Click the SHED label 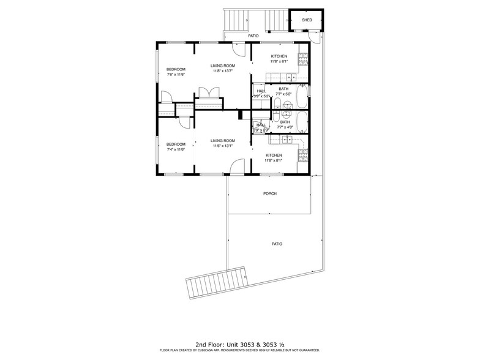click(x=307, y=20)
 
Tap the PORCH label click(x=270, y=193)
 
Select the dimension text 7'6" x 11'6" click(x=176, y=75)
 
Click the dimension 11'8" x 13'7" click(x=223, y=71)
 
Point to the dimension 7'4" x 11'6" click(x=176, y=149)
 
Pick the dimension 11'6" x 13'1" click(x=223, y=146)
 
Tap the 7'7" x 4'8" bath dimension click(x=285, y=127)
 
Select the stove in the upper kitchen click(x=302, y=59)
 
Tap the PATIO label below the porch click(x=277, y=244)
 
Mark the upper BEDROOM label click(x=176, y=70)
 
